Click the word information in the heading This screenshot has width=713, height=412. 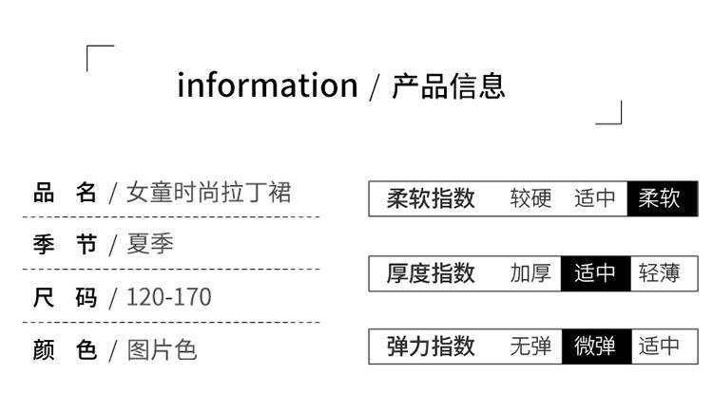pos(267,85)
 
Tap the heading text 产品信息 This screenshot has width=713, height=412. pos(449,85)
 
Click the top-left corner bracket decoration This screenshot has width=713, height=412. pos(100,58)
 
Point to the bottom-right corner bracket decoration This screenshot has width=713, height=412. pos(609,113)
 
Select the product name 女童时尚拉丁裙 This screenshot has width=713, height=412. pos(208,193)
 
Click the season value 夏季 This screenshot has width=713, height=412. pos(150,245)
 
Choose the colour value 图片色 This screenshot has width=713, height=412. pos(162,349)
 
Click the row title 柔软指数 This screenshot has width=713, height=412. pos(431,199)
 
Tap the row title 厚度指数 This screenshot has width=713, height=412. pos(431,273)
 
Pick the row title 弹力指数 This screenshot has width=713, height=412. pos(431,346)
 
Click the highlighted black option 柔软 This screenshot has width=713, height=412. pos(660,199)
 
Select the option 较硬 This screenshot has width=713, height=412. pos(530,199)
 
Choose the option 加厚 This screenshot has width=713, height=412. pos(530,273)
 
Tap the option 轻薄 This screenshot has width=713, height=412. pos(660,273)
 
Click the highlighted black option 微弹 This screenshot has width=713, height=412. pos(595,346)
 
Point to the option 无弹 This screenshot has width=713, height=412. pos(530,346)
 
